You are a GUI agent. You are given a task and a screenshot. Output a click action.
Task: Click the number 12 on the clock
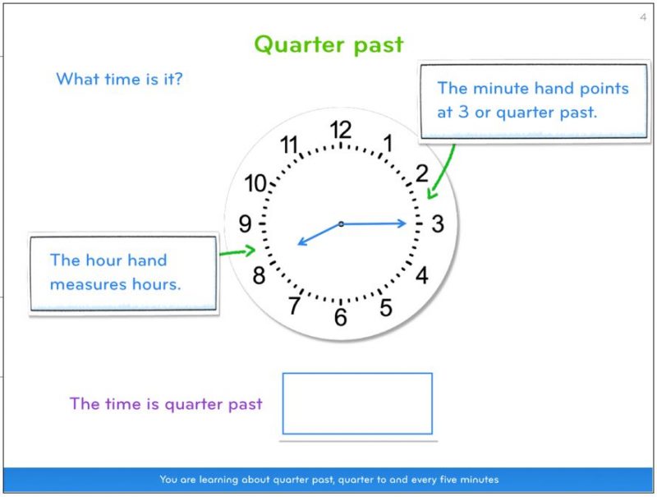[340, 130]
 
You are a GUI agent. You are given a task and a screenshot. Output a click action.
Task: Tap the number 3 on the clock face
[438, 223]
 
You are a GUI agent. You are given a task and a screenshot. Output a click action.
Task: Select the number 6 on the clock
[340, 317]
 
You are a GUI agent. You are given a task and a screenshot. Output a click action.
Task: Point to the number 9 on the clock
[245, 223]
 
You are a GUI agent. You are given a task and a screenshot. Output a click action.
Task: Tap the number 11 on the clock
[289, 145]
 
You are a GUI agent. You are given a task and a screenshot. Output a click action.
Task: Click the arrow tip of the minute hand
[406, 223]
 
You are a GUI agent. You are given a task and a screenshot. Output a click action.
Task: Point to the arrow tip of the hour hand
[299, 243]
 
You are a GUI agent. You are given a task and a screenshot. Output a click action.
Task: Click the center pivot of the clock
[341, 223]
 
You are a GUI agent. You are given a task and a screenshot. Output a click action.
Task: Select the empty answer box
[357, 403]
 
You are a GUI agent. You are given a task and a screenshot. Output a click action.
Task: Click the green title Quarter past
[328, 44]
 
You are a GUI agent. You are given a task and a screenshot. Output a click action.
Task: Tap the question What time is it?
[119, 80]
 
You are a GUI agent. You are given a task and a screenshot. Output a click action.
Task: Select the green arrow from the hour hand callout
[238, 252]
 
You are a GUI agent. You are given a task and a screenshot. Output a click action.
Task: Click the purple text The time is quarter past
[166, 404]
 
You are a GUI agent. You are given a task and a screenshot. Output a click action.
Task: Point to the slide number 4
[642, 17]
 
